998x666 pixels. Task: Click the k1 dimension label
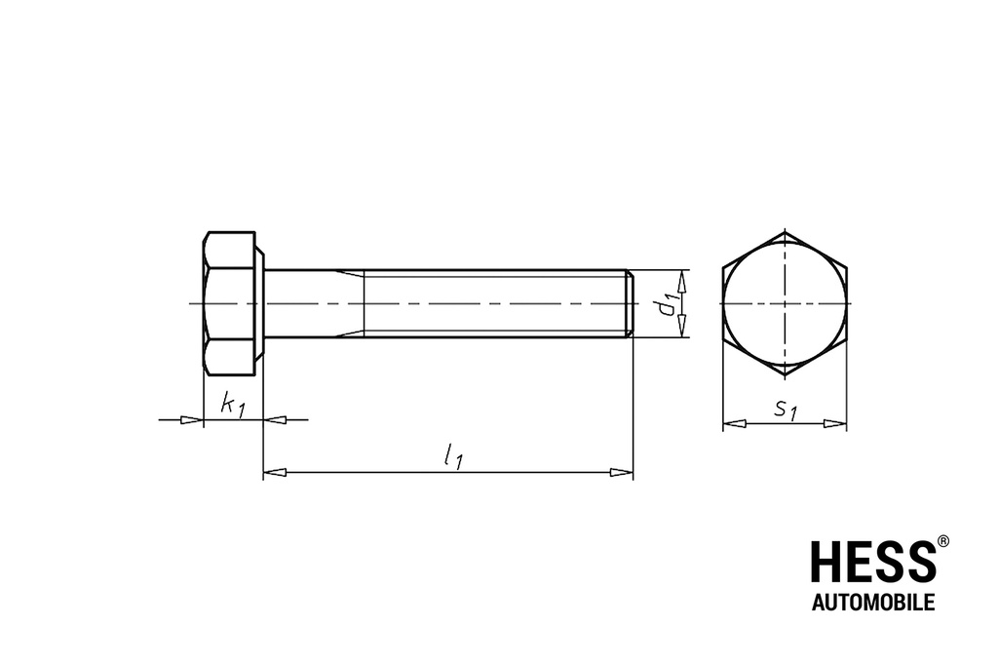232,405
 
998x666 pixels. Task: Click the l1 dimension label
453,456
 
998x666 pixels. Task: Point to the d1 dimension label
667,303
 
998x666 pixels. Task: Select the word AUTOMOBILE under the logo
873,602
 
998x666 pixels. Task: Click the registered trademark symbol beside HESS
943,542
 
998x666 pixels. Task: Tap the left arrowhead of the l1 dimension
275,472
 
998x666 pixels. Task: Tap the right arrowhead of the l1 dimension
621,472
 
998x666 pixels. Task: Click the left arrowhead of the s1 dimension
735,423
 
